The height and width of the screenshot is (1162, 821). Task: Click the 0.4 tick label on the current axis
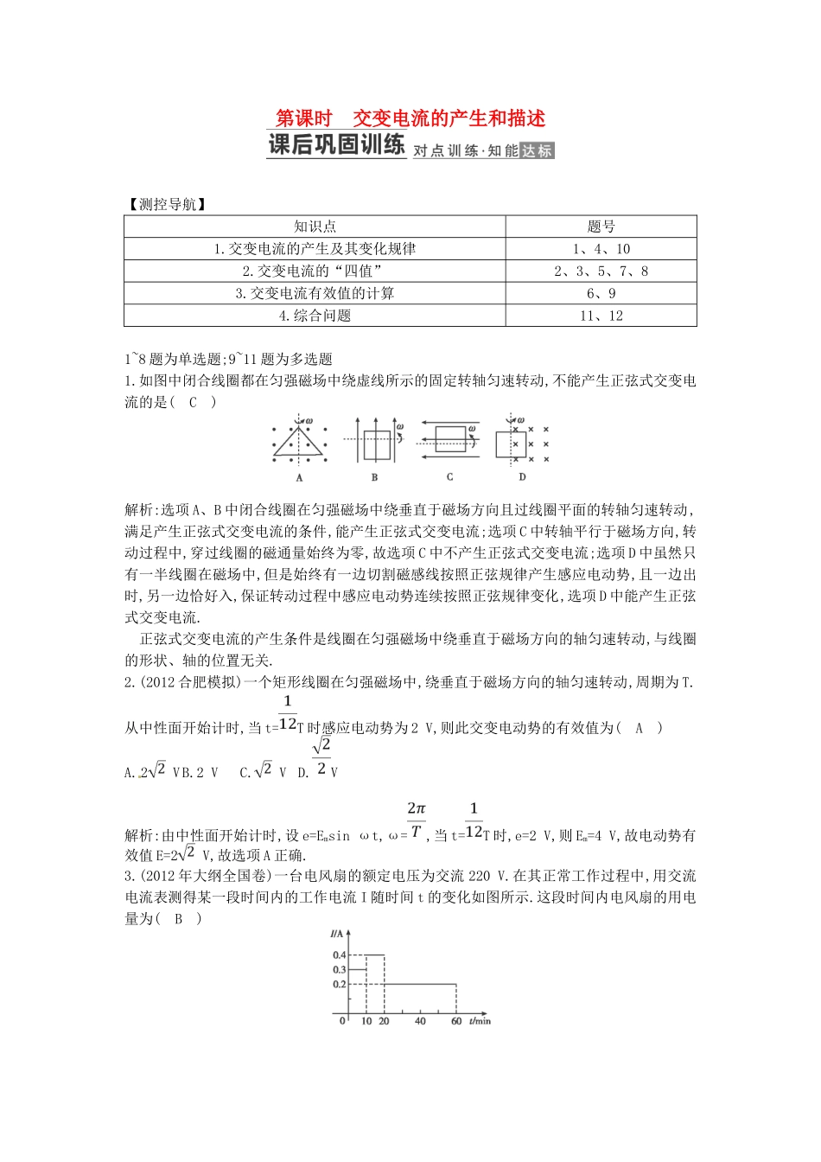click(339, 954)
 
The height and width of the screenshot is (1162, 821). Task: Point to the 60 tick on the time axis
click(456, 1021)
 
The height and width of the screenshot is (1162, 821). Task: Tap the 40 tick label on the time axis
click(420, 1021)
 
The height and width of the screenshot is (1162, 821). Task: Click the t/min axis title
click(480, 1021)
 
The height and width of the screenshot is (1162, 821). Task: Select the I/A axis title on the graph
click(337, 934)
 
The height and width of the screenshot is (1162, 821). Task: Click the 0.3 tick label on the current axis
click(339, 970)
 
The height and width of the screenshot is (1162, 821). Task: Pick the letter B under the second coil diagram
click(374, 476)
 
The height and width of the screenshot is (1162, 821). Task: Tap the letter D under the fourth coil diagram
click(522, 476)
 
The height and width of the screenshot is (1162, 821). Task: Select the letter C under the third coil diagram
click(449, 476)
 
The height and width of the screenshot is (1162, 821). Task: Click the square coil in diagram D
click(511, 444)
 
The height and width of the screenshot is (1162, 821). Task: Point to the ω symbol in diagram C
click(472, 428)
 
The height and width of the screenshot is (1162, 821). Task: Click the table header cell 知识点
click(315, 227)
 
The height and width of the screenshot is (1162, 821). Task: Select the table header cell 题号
click(601, 227)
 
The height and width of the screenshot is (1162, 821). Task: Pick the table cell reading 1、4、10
click(601, 249)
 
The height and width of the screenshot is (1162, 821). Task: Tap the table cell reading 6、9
click(601, 294)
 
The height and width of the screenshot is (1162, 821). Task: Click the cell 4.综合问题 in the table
click(315, 316)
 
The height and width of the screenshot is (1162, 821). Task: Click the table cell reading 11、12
click(601, 316)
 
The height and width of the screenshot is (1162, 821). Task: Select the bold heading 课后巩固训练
click(336, 145)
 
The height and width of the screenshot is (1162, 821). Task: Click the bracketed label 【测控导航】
click(166, 205)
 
